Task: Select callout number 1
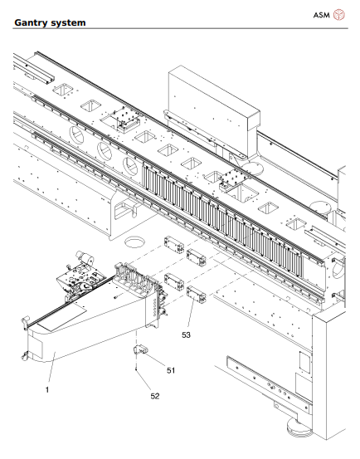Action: [47, 388]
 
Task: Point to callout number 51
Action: [171, 370]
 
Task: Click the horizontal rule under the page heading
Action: [180, 30]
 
